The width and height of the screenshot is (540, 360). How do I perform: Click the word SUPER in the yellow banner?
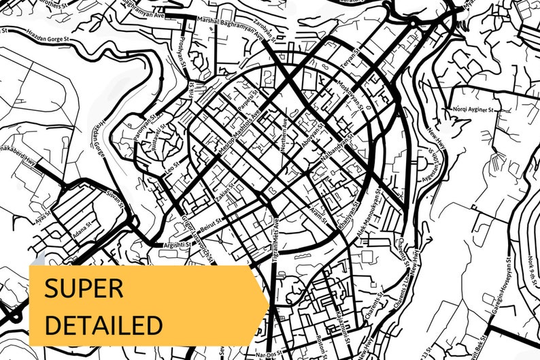pyautogui.click(x=84, y=289)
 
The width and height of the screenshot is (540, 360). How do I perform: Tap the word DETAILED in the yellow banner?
pyautogui.click(x=103, y=324)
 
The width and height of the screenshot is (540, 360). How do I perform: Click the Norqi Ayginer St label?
pyautogui.click(x=477, y=109)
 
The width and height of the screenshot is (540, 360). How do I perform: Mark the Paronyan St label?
pyautogui.click(x=144, y=123)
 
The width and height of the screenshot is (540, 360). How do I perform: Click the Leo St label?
pyautogui.click(x=173, y=165)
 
